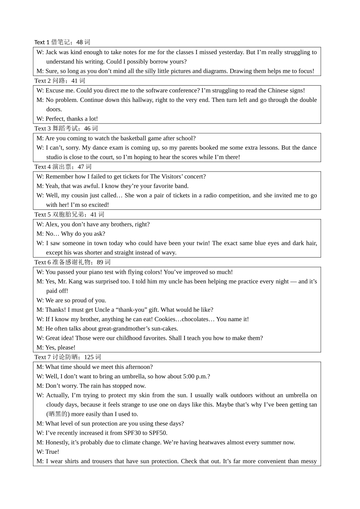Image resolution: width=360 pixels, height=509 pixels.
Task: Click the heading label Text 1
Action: [x=42, y=42]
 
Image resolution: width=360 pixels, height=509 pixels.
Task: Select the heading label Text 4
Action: [x=42, y=167]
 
